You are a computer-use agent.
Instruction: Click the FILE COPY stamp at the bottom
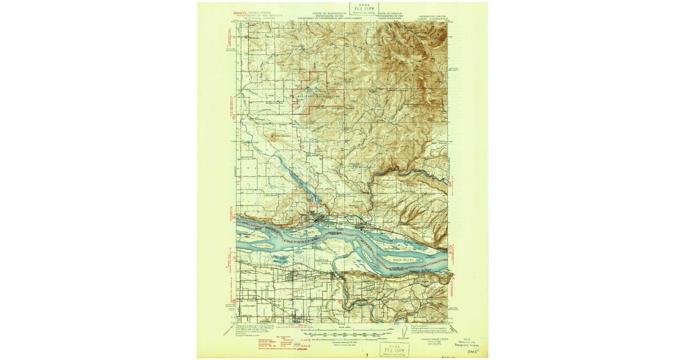pyautogui.click(x=394, y=349)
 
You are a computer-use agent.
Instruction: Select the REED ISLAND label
pyautogui.click(x=404, y=260)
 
